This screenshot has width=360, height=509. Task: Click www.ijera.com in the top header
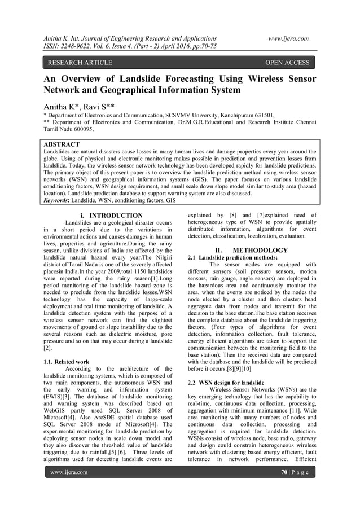[x=288, y=38]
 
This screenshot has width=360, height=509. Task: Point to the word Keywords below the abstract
[x=60, y=200]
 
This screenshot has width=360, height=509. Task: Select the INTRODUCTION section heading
[x=116, y=216]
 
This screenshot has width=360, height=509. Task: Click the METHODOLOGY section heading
[x=260, y=250]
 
